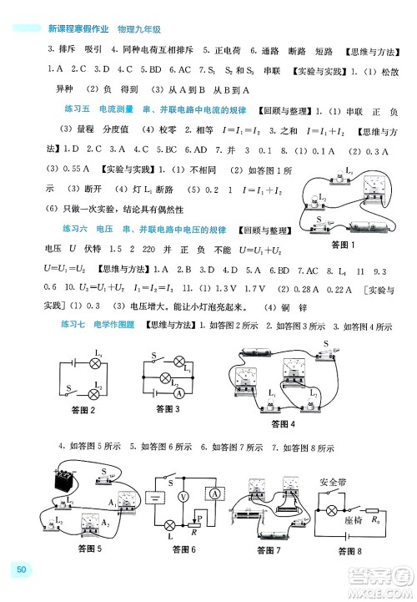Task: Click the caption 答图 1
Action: (x=342, y=245)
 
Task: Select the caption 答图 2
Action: (x=83, y=409)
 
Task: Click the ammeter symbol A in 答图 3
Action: (x=178, y=390)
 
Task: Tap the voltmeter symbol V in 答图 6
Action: (x=183, y=495)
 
